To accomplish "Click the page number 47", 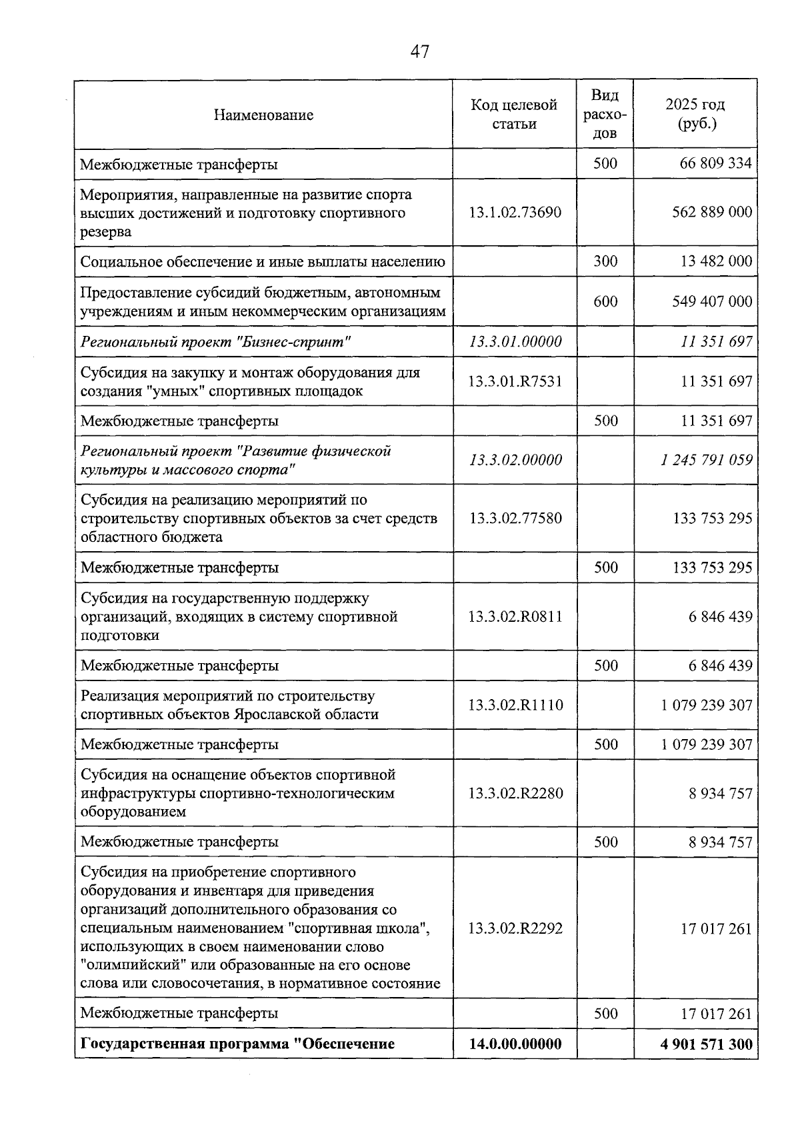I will click(x=419, y=52).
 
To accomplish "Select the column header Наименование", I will click(x=263, y=115).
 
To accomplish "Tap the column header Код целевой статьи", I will click(x=514, y=114).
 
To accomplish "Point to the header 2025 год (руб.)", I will click(x=695, y=114).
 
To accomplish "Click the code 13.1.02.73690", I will click(x=515, y=213).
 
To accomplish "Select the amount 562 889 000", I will click(x=711, y=212).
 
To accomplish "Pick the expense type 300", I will click(x=605, y=261).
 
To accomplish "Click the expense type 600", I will click(x=605, y=301).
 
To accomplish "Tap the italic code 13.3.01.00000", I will click(x=515, y=341).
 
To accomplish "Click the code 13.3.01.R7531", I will click(x=515, y=381).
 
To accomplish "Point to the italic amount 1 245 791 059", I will click(x=707, y=460).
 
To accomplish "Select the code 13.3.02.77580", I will click(x=515, y=519).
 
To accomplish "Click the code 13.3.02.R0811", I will click(x=515, y=616).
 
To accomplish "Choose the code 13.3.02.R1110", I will click(x=515, y=705).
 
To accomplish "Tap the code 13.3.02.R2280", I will click(x=515, y=793).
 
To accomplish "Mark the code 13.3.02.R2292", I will click(x=515, y=928).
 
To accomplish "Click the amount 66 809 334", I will click(x=715, y=164).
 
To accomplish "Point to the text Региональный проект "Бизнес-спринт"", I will click(x=215, y=342).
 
